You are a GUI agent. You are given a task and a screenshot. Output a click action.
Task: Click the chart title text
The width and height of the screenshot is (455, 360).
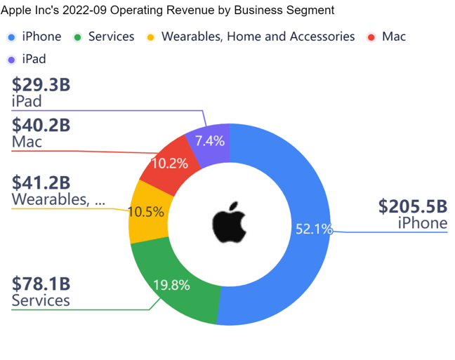click(167, 11)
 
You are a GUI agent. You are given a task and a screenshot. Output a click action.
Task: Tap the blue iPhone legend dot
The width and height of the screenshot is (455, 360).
click(12, 36)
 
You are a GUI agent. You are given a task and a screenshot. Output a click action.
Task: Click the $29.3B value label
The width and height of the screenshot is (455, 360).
click(41, 86)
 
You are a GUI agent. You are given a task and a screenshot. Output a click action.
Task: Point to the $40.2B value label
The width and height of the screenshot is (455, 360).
click(41, 126)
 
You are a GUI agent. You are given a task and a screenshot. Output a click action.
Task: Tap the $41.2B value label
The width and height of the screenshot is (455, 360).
click(41, 183)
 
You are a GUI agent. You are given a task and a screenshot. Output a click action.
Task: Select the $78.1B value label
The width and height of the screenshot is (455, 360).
click(41, 284)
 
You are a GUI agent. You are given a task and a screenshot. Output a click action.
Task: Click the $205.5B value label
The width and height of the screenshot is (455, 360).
click(413, 206)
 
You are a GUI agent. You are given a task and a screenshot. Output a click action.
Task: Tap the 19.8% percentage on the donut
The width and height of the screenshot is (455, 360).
click(172, 284)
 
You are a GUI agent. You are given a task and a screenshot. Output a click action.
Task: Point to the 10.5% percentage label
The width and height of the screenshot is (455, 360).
click(146, 211)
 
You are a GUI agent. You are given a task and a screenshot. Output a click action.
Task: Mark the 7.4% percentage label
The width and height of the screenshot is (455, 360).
click(209, 140)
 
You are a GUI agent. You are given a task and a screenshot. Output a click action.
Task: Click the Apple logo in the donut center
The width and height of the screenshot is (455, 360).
click(230, 222)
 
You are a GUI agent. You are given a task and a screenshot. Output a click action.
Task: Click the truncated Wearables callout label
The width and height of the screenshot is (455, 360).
click(59, 199)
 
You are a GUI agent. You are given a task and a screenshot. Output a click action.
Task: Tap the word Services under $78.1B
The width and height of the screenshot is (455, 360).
click(41, 300)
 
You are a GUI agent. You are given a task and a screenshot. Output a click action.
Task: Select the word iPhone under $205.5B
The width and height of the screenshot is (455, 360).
click(423, 223)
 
